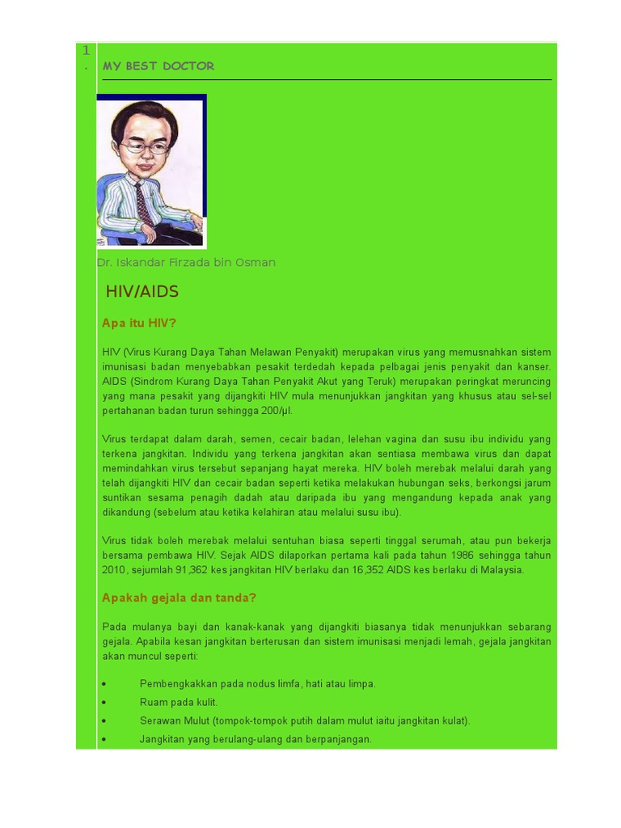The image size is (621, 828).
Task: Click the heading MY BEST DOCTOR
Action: pos(158,66)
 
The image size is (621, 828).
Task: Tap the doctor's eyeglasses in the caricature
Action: pos(146,148)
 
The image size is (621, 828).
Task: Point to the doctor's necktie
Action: pos(143,201)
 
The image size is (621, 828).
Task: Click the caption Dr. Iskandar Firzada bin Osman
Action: pos(186,263)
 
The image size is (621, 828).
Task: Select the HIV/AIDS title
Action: pos(142,292)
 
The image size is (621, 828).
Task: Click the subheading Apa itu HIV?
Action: pos(139,323)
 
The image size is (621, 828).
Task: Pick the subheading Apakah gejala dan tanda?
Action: pos(179,598)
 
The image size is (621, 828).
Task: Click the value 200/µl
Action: pos(273,411)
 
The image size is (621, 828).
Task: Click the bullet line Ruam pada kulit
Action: pos(179,703)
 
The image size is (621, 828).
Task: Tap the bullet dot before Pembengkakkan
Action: pos(104,684)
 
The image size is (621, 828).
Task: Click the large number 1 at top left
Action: pos(86,51)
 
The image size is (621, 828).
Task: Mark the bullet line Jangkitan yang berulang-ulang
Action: pos(256,740)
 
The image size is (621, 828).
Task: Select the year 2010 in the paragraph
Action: pos(116,570)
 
